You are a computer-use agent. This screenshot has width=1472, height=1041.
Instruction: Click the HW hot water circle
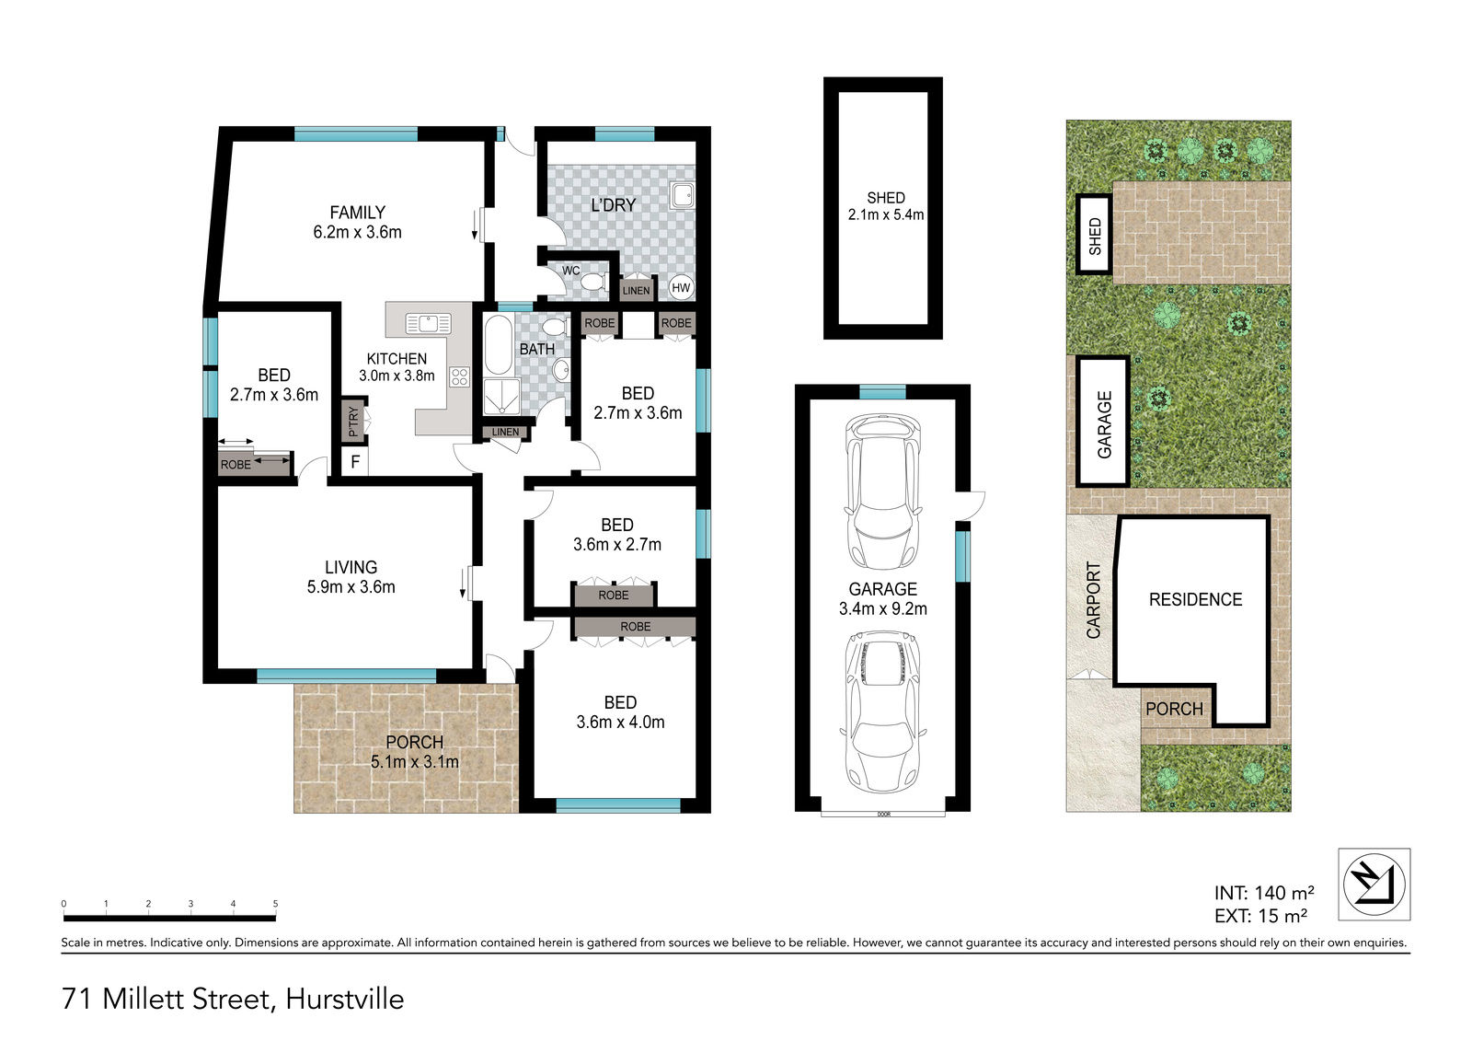pos(681,287)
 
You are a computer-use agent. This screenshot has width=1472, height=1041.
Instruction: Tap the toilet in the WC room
pos(594,283)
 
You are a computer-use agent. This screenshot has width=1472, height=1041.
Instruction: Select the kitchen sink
pos(429,324)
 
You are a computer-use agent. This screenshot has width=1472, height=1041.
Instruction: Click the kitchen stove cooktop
pos(459,376)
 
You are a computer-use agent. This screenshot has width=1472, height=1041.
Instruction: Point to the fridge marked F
pos(355,462)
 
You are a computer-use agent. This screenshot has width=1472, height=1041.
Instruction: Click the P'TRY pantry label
pos(353,422)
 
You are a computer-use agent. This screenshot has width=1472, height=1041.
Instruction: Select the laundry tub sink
pos(682,195)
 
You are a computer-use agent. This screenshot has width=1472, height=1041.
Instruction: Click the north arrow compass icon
pos(1374,884)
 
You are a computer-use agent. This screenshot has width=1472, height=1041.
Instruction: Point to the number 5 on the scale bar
pos(275,904)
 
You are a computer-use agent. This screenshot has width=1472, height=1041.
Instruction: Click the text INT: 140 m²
pos(1264,893)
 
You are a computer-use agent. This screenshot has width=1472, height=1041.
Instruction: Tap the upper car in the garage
pos(882,492)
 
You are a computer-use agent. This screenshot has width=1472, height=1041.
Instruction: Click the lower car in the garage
pos(882,712)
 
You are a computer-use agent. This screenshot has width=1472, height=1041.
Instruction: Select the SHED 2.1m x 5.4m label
pos(886,206)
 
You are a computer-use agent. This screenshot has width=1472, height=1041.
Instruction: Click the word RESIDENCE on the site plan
pos(1195,599)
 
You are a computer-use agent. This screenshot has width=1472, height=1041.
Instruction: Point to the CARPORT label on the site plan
pos(1093,600)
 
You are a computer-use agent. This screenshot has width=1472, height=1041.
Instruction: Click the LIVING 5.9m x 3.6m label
pos(351,577)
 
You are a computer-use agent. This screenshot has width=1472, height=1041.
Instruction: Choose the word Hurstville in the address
pos(344,999)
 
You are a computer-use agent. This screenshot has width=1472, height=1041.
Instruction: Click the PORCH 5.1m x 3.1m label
pos(415,752)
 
